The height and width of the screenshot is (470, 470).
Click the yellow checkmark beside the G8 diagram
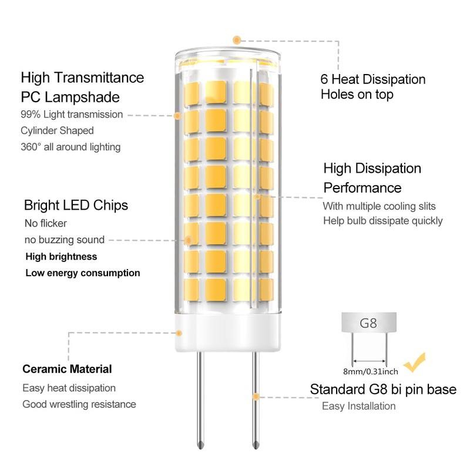415,362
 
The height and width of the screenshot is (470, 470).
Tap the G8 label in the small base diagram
368,323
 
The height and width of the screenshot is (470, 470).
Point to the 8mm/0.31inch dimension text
371,372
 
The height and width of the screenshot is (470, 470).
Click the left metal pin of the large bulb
200,400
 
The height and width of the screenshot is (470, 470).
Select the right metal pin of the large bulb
255,400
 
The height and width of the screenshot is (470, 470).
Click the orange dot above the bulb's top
237,40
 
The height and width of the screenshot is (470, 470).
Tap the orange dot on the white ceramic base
179,333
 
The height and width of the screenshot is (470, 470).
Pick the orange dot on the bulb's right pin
256,397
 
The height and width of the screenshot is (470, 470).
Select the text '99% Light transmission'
72,114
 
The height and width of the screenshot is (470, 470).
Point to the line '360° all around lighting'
70,147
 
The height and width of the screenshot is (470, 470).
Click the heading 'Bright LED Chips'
76,205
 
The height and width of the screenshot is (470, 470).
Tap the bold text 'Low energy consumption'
83,273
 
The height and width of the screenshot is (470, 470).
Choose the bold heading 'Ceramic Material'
67,369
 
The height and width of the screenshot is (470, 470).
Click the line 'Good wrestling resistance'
79,404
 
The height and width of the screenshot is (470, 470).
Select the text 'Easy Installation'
359,406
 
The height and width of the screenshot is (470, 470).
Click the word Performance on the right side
362,188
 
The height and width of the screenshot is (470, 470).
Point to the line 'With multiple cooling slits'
379,206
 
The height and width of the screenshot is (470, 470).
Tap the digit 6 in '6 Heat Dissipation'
324,79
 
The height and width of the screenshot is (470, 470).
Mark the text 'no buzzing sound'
65,240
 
